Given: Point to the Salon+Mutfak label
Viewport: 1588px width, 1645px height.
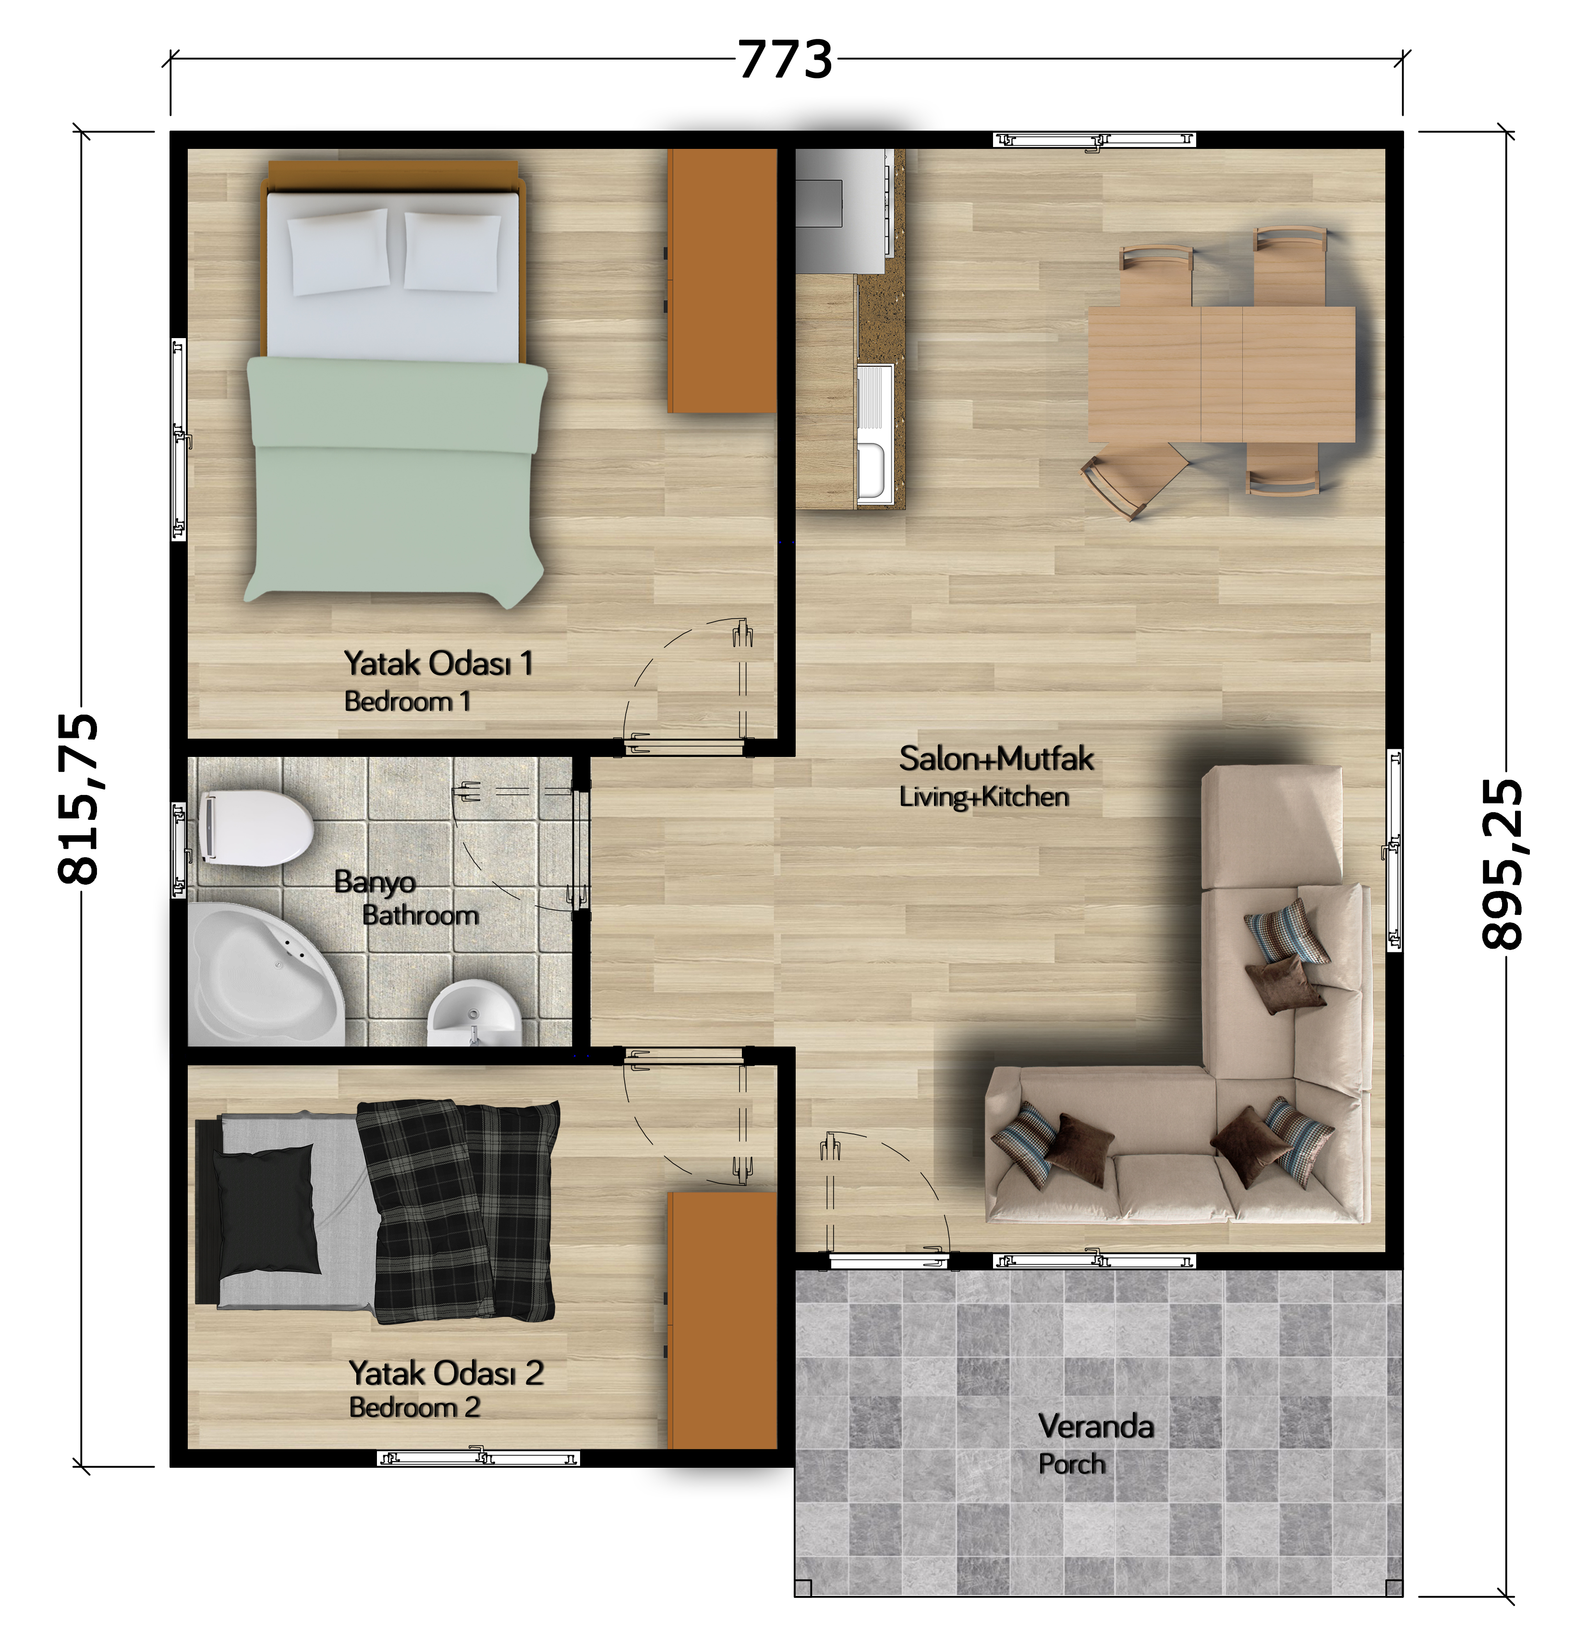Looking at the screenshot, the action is [x=996, y=759].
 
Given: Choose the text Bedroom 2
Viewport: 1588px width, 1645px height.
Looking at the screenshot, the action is [x=414, y=1407].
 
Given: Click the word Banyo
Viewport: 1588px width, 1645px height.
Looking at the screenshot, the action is [x=375, y=882].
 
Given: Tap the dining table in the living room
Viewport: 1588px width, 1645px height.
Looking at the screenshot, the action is [x=1221, y=374].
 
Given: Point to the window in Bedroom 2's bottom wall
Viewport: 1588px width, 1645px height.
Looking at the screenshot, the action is [x=478, y=1457].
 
